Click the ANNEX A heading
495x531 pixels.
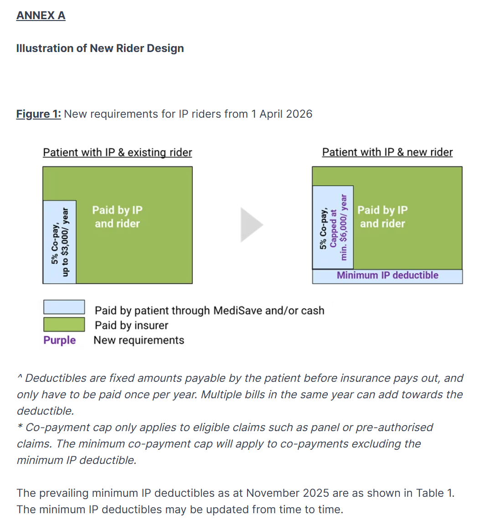coord(41,16)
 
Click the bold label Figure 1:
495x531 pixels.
coord(39,114)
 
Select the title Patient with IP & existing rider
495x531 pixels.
coord(118,152)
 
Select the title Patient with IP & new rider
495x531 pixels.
coord(387,152)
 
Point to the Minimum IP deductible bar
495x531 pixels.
coord(387,276)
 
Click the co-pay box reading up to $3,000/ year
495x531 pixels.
coord(60,242)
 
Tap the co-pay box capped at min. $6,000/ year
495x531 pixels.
coord(333,227)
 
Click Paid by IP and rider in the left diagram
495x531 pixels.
coord(118,217)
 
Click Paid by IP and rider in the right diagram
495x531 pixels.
coord(383,217)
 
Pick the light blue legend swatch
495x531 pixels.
coord(64,307)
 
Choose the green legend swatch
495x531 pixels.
coord(64,324)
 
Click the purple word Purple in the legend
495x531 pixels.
coord(60,340)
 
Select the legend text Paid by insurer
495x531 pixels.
coord(131,325)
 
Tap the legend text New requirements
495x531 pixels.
coord(139,340)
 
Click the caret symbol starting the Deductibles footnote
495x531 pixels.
coord(20,376)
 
